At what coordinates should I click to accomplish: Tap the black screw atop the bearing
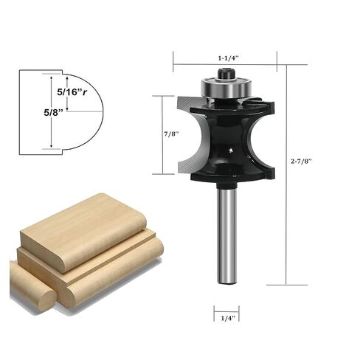(x=226, y=72)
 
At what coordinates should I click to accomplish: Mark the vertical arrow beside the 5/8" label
(x=52, y=111)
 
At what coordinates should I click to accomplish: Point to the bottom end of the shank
(x=226, y=280)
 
